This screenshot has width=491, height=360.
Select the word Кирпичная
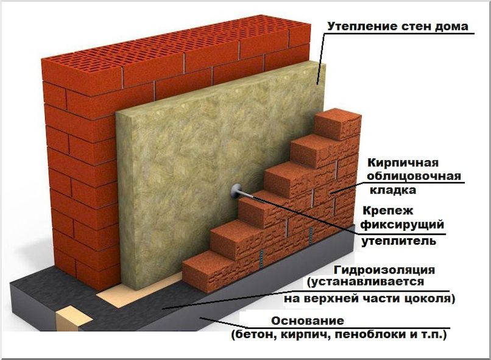click(x=403, y=163)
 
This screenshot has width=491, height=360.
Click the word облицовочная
click(x=414, y=176)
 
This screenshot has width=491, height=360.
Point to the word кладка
click(x=393, y=190)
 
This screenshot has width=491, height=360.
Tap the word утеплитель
click(x=398, y=241)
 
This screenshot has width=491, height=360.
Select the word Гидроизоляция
click(x=384, y=270)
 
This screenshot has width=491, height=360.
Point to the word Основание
click(x=308, y=321)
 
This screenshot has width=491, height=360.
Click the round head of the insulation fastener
click(x=236, y=191)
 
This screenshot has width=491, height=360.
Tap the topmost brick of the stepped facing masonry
click(x=337, y=124)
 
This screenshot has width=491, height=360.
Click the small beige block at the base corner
click(x=74, y=319)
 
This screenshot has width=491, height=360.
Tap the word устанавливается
click(x=366, y=282)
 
